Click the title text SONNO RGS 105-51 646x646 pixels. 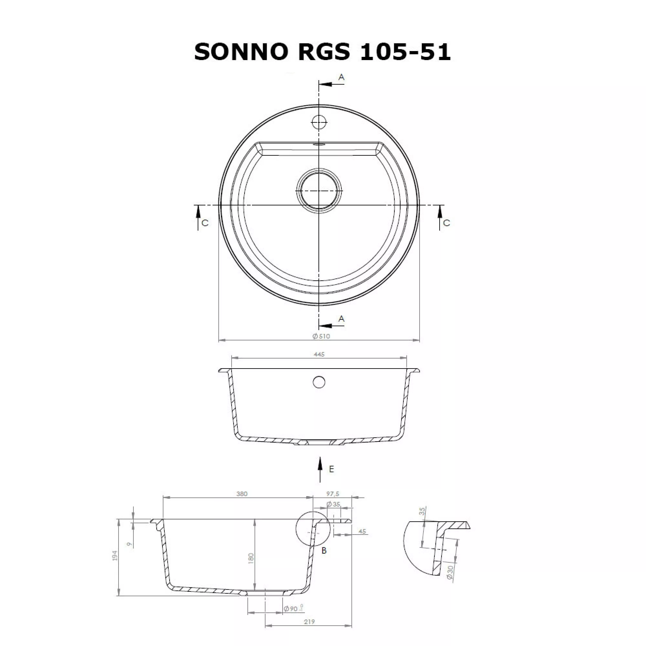click(323, 52)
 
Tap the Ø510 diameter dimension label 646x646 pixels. click(321, 336)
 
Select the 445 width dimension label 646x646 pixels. click(319, 354)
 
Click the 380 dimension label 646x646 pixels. click(242, 494)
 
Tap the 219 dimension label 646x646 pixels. click(309, 622)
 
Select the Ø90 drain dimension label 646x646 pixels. click(293, 609)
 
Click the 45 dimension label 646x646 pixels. click(362, 531)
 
